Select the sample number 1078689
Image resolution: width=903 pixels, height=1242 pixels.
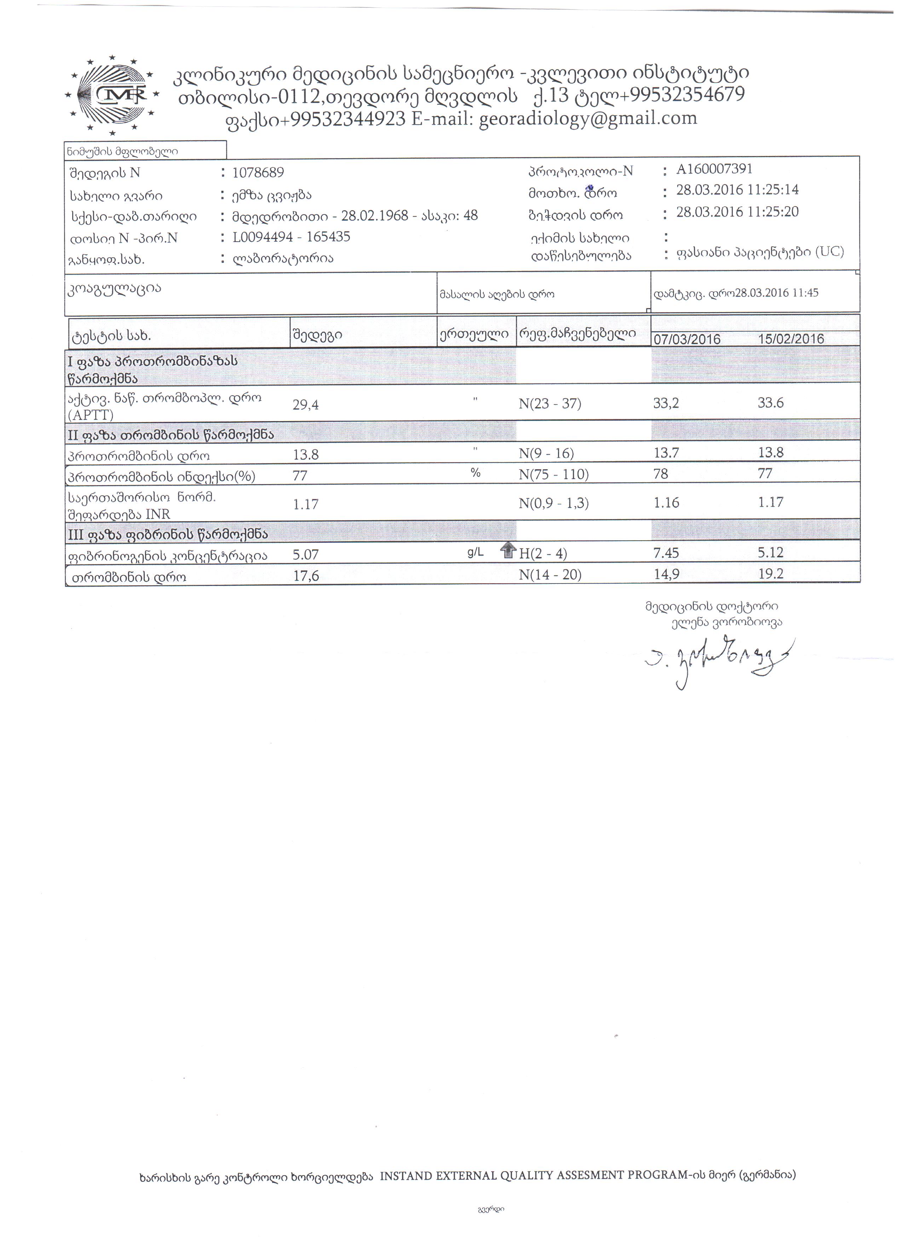(258, 173)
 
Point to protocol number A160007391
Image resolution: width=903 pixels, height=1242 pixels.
(714, 169)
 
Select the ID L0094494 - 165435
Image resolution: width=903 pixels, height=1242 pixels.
(291, 237)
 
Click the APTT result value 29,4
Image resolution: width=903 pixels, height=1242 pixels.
(306, 405)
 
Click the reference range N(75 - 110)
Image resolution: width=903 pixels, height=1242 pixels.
(554, 474)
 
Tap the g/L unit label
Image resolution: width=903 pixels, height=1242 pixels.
(475, 553)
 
